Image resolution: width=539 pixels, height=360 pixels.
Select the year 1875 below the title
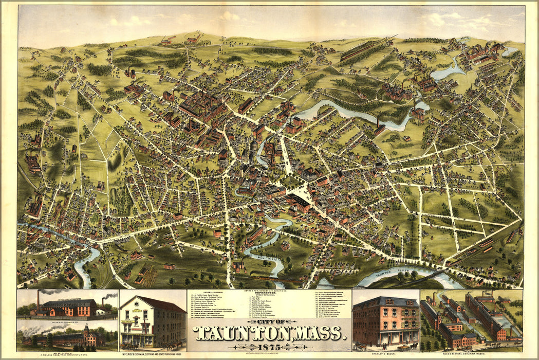(x=269, y=347)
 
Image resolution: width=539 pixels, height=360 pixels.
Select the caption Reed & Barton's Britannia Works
(x=471, y=354)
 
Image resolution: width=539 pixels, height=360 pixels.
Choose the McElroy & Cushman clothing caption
(x=153, y=354)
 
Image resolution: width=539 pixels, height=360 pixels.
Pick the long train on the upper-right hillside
(x=367, y=48)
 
